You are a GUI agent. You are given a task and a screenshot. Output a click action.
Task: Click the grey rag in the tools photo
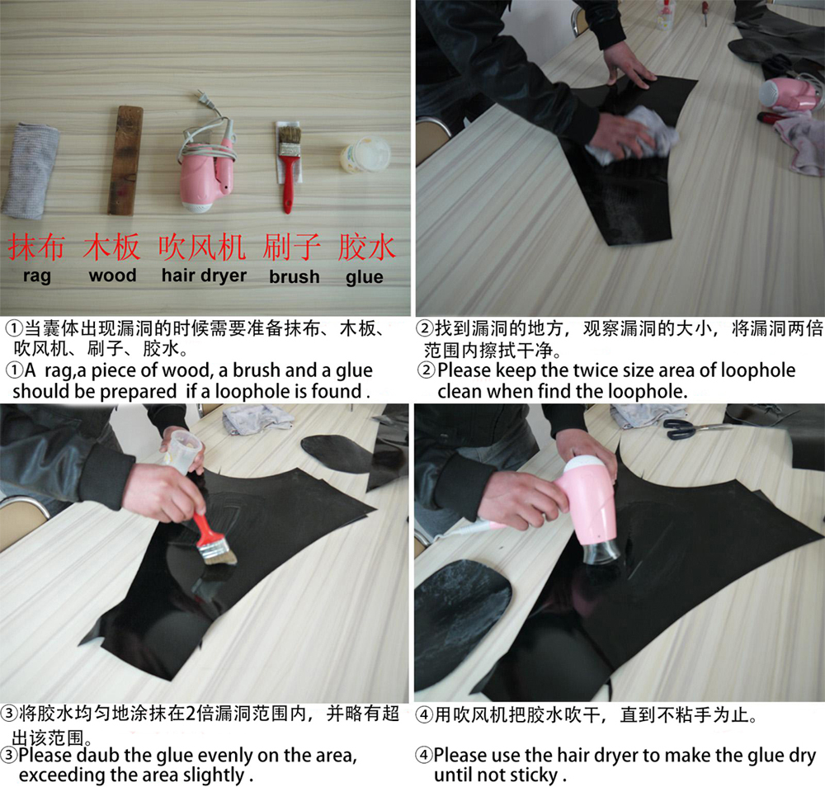[30, 171]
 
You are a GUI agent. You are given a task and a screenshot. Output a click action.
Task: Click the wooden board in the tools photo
[125, 160]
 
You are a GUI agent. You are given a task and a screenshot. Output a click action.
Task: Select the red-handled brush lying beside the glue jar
[288, 165]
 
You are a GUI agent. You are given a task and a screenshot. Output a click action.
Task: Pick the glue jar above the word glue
[365, 156]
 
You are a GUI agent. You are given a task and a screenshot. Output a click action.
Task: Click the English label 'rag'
[37, 276]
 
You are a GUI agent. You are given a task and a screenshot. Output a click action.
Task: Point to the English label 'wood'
[112, 276]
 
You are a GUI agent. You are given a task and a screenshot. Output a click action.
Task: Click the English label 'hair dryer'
[204, 276]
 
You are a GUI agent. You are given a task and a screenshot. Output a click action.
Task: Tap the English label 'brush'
[294, 276]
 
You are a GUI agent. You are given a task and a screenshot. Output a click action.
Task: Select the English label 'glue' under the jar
[365, 277]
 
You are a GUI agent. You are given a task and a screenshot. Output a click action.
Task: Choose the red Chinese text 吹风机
[203, 247]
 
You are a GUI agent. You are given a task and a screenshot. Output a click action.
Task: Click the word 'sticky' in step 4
[534, 775]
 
